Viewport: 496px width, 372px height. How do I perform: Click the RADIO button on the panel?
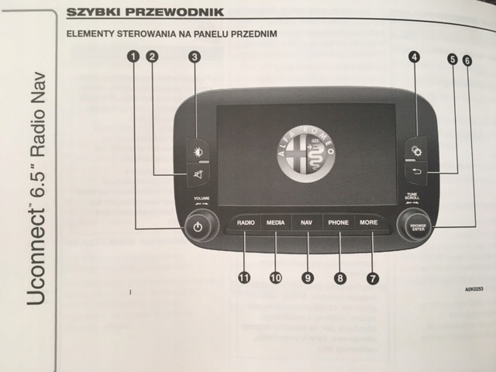[246, 223]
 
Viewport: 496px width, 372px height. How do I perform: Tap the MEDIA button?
[276, 223]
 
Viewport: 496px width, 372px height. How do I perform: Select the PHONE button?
[339, 223]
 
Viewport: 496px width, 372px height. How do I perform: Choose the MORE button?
[369, 223]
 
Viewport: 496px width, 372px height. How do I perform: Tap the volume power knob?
[198, 228]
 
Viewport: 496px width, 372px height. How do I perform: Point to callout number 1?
[135, 56]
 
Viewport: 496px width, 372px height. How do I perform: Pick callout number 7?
[373, 277]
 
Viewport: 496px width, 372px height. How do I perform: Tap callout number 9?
[308, 277]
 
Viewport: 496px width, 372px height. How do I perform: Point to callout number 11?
[244, 277]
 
